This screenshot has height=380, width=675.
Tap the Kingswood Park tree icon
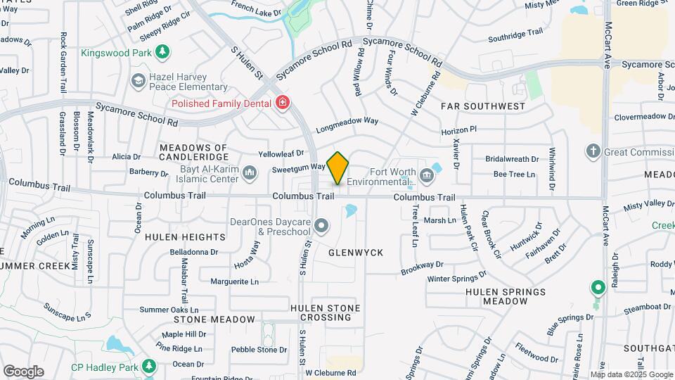point(162,51)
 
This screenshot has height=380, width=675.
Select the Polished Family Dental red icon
point(282,103)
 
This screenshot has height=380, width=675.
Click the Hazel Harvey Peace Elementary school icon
point(138,82)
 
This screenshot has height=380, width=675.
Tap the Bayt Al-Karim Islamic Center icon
point(250,172)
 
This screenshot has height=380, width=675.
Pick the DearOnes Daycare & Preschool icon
point(321,226)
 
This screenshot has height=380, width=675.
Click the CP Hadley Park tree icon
point(148,366)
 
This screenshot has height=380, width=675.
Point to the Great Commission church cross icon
point(593,151)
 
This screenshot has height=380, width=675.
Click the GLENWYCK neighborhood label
point(356,251)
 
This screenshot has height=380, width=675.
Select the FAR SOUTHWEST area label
point(483,106)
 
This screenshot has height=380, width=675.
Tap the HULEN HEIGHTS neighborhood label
point(185,237)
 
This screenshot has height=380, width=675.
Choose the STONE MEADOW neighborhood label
point(205,319)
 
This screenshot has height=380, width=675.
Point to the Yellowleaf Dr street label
point(281,153)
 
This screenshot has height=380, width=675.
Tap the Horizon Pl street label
point(459,131)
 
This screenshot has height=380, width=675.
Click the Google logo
point(23,371)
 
